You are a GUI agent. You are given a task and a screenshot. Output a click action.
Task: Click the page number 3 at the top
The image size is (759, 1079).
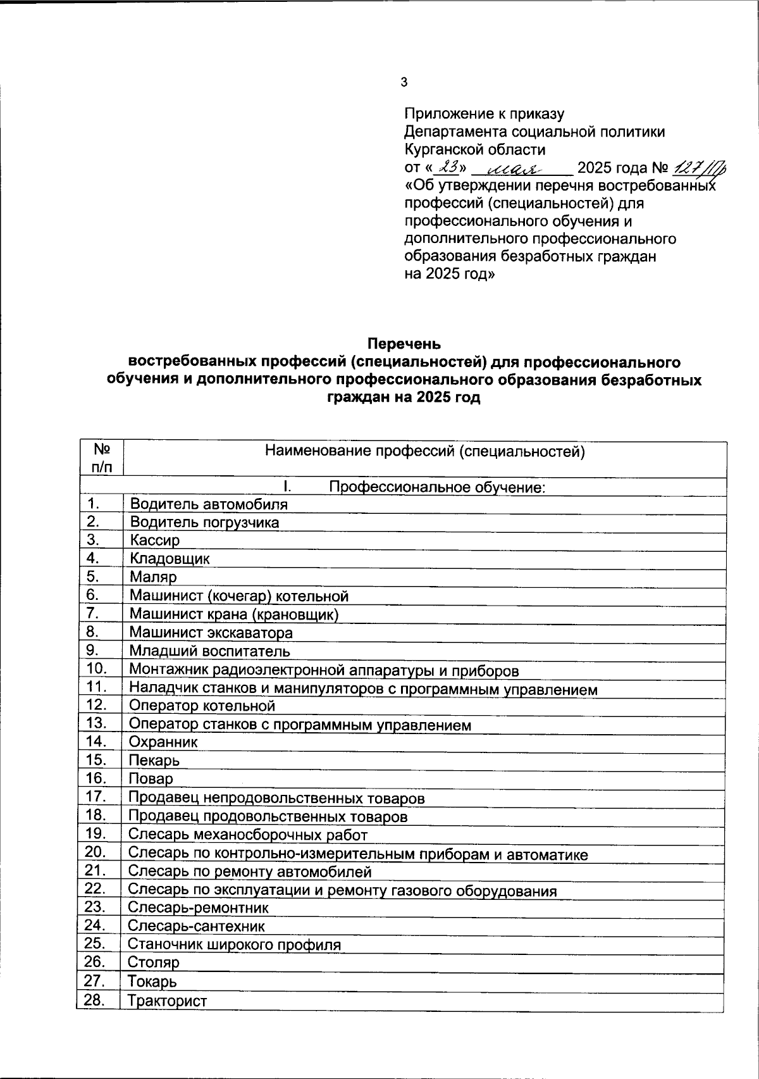click(405, 82)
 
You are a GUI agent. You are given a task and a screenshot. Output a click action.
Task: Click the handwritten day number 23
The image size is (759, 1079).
click(450, 167)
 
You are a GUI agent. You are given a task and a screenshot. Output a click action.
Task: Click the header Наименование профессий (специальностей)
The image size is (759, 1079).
click(424, 451)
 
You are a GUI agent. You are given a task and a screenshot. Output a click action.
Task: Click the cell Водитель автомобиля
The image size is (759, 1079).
click(209, 504)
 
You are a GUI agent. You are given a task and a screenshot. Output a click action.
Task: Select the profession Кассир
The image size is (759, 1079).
click(155, 540)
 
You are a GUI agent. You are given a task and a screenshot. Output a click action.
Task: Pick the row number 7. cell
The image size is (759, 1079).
click(94, 613)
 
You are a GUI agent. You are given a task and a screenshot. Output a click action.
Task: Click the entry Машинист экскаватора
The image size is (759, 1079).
click(211, 632)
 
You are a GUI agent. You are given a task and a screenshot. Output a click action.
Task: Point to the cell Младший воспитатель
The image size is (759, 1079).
click(209, 651)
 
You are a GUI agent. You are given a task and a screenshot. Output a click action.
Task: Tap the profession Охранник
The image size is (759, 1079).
click(163, 742)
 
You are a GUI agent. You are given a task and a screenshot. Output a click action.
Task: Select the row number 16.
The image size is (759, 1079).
click(96, 778)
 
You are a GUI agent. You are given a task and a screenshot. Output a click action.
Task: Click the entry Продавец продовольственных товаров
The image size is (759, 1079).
click(268, 816)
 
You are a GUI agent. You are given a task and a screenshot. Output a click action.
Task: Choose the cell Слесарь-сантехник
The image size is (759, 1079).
click(196, 926)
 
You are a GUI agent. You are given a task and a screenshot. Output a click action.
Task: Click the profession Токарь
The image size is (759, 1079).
click(152, 982)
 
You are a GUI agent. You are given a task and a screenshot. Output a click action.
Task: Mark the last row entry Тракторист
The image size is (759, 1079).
click(167, 1001)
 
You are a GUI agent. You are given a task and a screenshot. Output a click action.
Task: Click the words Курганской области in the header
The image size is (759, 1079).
click(474, 150)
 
